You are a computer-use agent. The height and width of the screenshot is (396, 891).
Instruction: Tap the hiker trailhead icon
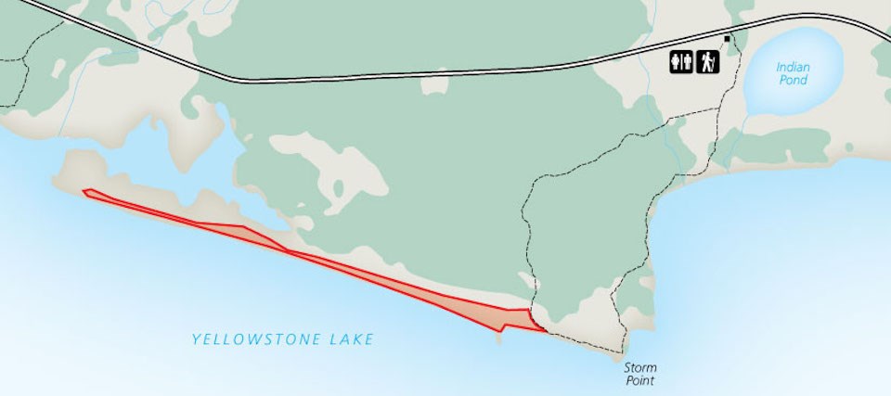[708, 62]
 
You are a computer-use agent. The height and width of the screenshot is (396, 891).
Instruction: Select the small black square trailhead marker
[727, 38]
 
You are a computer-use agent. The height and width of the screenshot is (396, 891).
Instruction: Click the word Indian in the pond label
[794, 67]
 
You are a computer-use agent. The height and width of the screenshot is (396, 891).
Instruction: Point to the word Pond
[794, 80]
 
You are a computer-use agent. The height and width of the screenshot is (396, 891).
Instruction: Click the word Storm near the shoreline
[640, 367]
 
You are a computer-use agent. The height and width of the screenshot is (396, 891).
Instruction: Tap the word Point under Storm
[640, 380]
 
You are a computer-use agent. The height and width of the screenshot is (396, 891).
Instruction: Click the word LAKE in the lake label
[351, 339]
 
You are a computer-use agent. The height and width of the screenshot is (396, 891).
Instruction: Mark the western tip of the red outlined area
[84, 192]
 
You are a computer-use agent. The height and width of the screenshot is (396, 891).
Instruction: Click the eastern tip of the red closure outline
[543, 329]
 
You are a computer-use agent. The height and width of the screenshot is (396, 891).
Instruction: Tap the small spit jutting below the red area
[500, 337]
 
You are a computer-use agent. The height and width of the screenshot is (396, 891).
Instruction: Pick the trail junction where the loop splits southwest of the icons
[666, 120]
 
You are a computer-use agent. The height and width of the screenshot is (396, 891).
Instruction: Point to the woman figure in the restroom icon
[688, 62]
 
